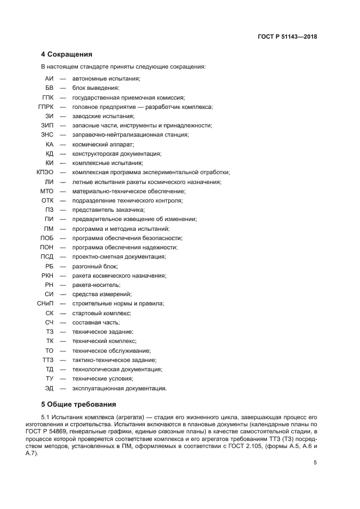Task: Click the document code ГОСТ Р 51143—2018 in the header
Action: (x=287, y=37)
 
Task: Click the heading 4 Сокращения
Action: (x=66, y=54)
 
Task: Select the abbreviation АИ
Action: (x=49, y=78)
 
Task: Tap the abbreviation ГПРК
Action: (x=46, y=107)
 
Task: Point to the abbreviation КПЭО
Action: (x=45, y=172)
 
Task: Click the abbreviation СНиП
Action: (x=46, y=303)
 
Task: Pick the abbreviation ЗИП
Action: (x=48, y=125)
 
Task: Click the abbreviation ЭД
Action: (x=49, y=388)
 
